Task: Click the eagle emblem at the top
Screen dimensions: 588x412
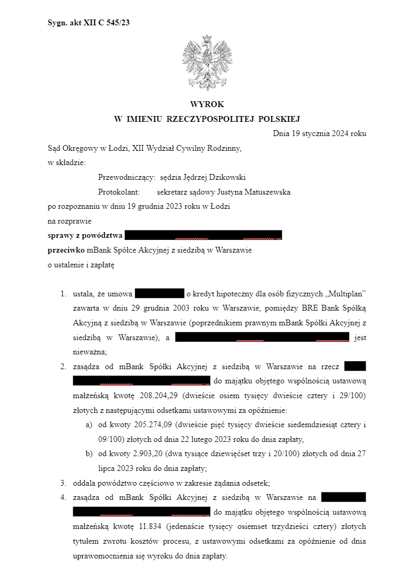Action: pyautogui.click(x=207, y=62)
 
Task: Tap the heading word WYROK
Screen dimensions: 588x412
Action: pyautogui.click(x=207, y=104)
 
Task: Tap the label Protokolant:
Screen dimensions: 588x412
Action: pyautogui.click(x=119, y=192)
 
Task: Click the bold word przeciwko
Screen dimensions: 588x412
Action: pyautogui.click(x=66, y=250)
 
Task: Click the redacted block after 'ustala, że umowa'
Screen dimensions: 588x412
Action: pyautogui.click(x=159, y=294)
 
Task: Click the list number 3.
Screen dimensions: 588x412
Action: pyautogui.click(x=63, y=483)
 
